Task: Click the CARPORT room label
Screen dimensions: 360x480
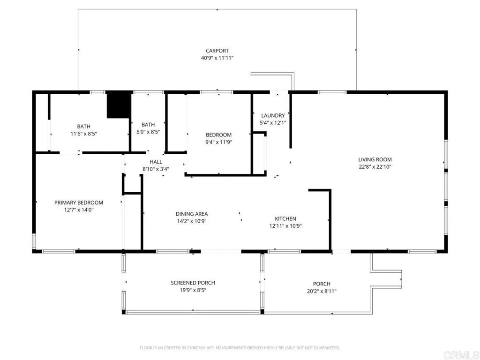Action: point(217,51)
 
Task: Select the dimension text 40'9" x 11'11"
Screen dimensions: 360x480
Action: point(217,58)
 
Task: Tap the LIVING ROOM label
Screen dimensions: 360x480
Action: point(375,159)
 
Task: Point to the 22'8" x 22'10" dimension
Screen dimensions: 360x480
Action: point(375,166)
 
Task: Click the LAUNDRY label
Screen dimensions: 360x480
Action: point(273,115)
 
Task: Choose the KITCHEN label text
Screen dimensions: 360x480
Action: point(285,218)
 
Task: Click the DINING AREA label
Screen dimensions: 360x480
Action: point(192,214)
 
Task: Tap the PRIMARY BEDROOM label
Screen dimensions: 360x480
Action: point(79,202)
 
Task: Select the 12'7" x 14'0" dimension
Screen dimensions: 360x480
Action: point(79,210)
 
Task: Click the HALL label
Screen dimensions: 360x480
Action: point(156,162)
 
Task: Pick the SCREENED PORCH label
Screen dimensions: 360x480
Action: point(193,283)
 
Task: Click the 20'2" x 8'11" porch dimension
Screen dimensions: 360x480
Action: point(322,291)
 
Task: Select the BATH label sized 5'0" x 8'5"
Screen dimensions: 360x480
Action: point(148,125)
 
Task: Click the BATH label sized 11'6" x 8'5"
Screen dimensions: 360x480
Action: point(83,126)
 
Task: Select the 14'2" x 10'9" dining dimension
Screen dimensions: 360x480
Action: point(192,221)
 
